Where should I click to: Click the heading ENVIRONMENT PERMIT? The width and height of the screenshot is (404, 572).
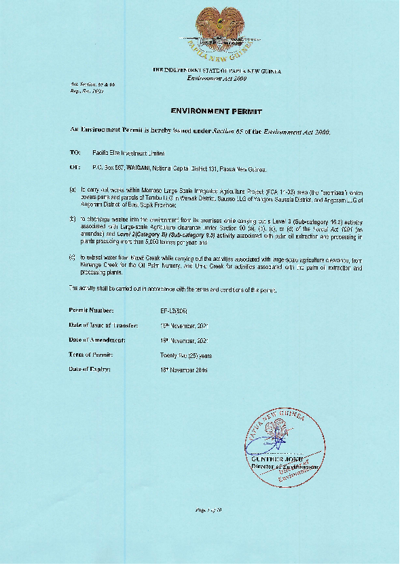click(x=217, y=110)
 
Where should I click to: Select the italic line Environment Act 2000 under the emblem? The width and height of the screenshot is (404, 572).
click(x=217, y=79)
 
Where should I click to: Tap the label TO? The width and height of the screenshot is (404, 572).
click(x=75, y=153)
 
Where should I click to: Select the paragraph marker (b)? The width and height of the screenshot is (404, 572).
click(x=73, y=219)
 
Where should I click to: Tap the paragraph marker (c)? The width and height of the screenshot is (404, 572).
click(x=73, y=257)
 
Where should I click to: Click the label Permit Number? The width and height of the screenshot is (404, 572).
click(x=91, y=310)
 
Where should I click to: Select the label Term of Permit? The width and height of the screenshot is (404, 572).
click(x=90, y=355)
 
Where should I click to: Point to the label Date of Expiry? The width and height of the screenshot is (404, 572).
click(x=89, y=370)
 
